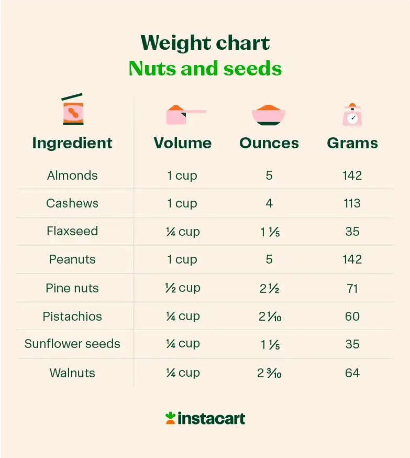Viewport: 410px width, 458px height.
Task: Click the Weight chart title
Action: pyautogui.click(x=205, y=43)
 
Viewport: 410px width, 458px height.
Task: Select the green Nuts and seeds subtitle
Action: pyautogui.click(x=205, y=69)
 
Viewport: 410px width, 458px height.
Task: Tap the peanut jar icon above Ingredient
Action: pyautogui.click(x=73, y=110)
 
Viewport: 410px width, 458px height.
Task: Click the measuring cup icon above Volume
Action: pyautogui.click(x=183, y=114)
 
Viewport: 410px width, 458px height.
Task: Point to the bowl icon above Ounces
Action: pyautogui.click(x=269, y=115)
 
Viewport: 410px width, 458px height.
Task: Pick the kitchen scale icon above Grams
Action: pyautogui.click(x=352, y=114)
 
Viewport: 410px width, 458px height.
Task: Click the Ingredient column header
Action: pyautogui.click(x=72, y=143)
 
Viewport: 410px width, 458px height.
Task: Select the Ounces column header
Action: pyautogui.click(x=269, y=143)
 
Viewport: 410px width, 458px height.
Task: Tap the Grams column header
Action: pyautogui.click(x=352, y=143)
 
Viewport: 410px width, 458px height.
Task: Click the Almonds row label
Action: pyautogui.click(x=72, y=176)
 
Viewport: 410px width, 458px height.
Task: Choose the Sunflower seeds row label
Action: pyautogui.click(x=72, y=344)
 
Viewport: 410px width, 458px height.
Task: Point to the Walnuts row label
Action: pyautogui.click(x=72, y=373)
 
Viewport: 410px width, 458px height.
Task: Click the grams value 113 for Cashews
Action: pyautogui.click(x=352, y=203)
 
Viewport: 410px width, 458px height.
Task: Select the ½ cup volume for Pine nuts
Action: pyautogui.click(x=183, y=288)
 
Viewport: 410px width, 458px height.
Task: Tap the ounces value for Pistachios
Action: pyautogui.click(x=269, y=317)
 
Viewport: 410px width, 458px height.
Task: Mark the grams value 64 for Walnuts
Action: pyautogui.click(x=352, y=373)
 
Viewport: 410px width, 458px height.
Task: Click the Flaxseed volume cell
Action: pyautogui.click(x=183, y=232)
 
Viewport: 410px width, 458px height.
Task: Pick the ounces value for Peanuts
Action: pyautogui.click(x=269, y=260)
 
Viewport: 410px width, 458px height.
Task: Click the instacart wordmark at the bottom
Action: pyautogui.click(x=211, y=418)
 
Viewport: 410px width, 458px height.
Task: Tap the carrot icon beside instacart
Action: pyautogui.click(x=170, y=418)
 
